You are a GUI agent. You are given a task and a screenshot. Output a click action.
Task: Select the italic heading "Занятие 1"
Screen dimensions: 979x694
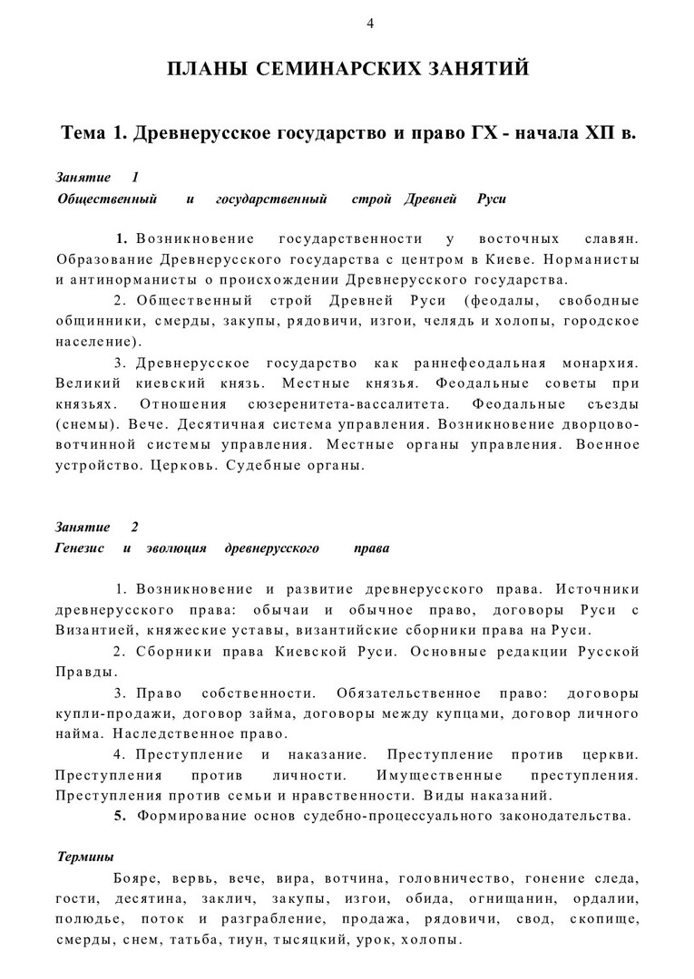pos(97,178)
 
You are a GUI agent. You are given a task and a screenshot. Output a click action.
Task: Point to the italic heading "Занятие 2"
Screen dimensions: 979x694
pos(97,527)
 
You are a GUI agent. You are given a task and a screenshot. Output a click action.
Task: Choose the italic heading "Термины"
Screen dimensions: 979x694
pos(85,856)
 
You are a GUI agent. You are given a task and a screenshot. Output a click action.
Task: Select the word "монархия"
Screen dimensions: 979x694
pos(593,363)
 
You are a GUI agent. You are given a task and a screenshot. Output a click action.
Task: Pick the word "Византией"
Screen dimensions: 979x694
pos(95,630)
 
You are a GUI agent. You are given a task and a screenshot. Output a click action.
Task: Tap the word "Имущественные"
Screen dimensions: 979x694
pos(440,776)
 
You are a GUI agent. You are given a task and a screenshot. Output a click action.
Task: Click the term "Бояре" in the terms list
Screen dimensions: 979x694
pos(138,878)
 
